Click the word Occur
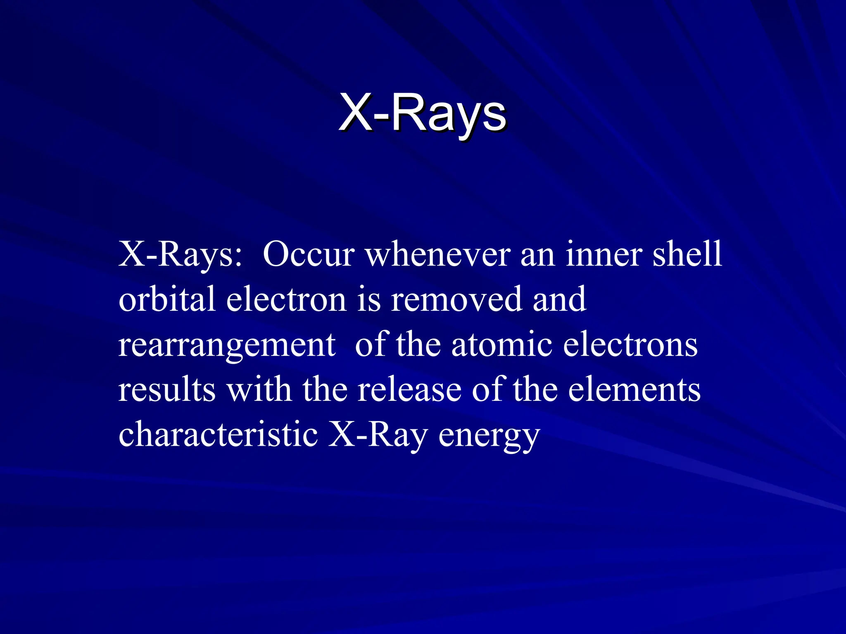coord(309,255)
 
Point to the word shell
coord(687,255)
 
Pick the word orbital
coord(167,299)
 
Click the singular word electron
coord(286,299)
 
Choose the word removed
coord(456,299)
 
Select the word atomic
coord(501,345)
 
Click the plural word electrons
coord(630,345)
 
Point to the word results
coord(167,390)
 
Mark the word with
coord(259,390)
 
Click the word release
coord(409,390)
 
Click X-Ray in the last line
coord(378,435)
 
